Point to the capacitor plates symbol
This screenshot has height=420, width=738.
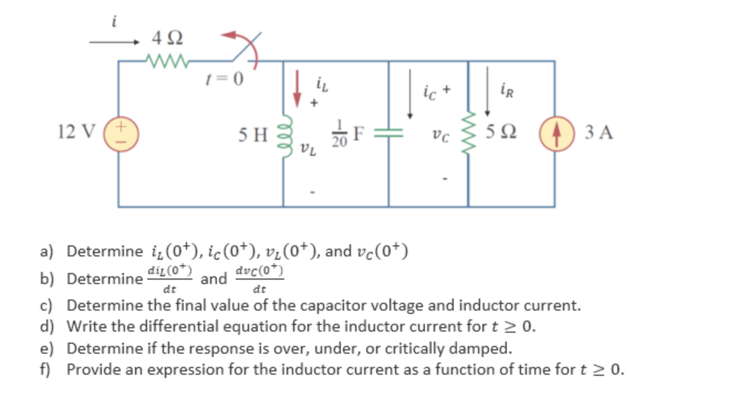[x=388, y=134]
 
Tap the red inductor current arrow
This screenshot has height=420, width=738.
[x=298, y=88]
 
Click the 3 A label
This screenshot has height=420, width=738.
[x=598, y=133]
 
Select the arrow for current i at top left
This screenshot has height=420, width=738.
[x=114, y=42]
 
